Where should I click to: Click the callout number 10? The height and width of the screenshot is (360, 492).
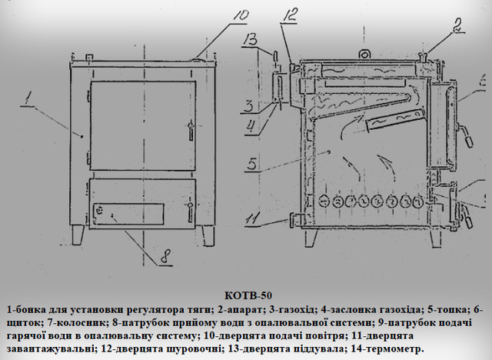point(239,17)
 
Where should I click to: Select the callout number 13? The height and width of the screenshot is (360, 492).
point(250,41)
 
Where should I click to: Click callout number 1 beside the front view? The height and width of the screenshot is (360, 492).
point(28,98)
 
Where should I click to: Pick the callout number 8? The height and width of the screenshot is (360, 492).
point(165,257)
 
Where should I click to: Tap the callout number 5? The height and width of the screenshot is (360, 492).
point(253,164)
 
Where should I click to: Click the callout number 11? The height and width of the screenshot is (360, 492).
point(254,218)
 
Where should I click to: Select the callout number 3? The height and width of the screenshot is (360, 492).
point(249,105)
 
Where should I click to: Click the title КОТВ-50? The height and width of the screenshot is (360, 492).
point(248,295)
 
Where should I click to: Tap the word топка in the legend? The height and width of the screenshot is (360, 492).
point(452,310)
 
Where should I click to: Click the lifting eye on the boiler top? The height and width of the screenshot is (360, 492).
point(364,55)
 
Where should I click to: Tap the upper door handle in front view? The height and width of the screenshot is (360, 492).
point(191,131)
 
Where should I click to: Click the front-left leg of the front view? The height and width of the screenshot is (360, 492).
point(78,235)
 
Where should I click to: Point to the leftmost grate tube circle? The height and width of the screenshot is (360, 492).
point(324,202)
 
